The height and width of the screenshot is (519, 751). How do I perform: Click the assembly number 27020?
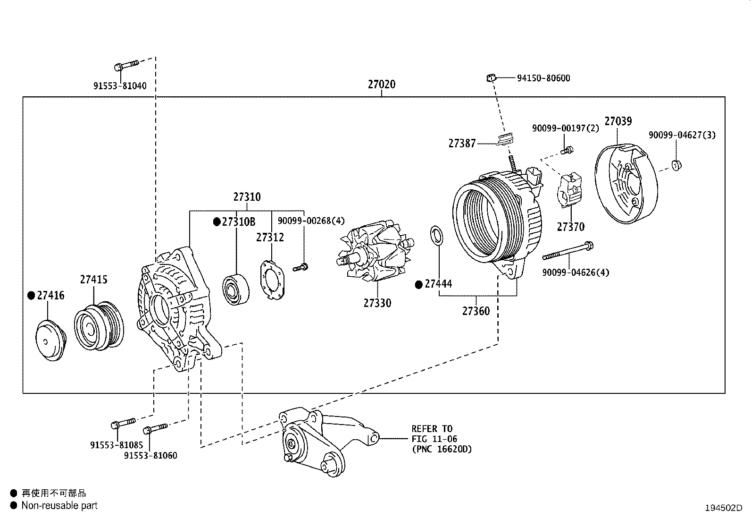382,85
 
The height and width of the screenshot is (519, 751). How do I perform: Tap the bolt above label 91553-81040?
125,65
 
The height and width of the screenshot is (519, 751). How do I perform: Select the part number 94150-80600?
543,78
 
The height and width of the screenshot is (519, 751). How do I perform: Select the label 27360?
476,311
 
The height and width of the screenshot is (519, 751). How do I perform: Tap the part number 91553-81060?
150,456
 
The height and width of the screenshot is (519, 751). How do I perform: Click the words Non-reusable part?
59,505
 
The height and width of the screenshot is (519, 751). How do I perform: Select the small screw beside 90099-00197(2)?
568,150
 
